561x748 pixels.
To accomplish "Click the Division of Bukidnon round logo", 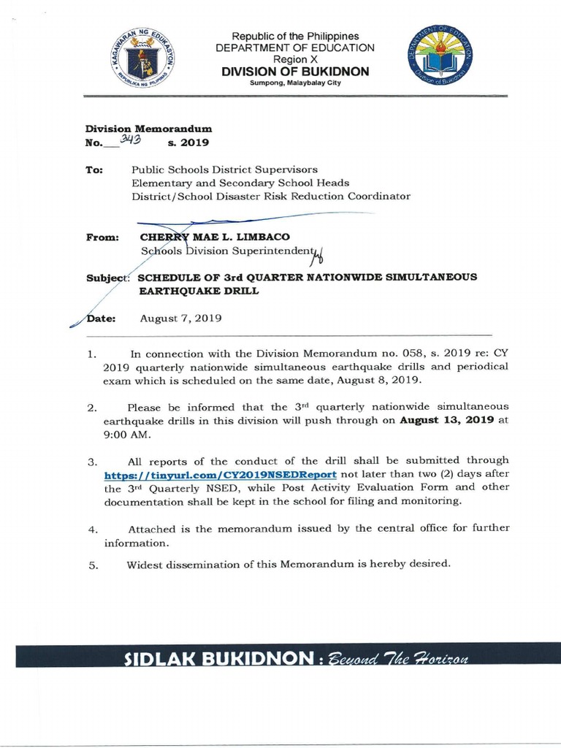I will point(439,61).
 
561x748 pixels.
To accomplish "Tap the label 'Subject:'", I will point(107,277).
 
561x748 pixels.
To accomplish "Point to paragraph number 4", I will point(92,529).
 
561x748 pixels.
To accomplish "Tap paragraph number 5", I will point(92,564).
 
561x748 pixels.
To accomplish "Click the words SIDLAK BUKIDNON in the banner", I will point(206,659).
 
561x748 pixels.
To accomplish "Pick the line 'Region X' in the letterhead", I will point(294,59).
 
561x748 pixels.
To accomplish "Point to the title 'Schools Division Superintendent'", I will point(226,251).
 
